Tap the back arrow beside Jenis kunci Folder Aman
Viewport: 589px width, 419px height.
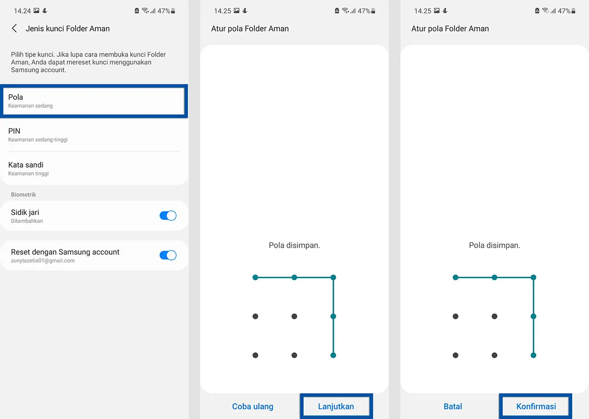(x=14, y=28)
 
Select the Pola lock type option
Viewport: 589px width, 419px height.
(x=93, y=101)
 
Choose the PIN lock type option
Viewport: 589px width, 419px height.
(x=93, y=134)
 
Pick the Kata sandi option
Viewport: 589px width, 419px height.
(x=93, y=168)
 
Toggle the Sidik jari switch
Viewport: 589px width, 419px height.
(x=168, y=215)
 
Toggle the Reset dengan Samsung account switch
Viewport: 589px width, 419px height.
(x=168, y=255)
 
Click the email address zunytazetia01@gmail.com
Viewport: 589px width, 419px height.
(x=43, y=261)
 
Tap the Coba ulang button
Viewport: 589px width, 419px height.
(x=253, y=406)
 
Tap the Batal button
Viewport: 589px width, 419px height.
(x=453, y=406)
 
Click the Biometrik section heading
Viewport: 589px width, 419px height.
(x=24, y=194)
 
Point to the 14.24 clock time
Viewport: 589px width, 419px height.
(x=22, y=10)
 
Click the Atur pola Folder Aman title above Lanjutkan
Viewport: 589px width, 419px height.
(x=250, y=28)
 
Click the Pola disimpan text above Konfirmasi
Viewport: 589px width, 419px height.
(x=494, y=245)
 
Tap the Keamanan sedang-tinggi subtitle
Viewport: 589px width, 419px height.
(x=38, y=140)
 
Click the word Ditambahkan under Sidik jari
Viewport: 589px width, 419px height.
(x=27, y=221)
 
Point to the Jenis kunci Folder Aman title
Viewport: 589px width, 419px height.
(x=68, y=28)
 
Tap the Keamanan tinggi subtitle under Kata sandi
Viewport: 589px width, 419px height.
(x=28, y=173)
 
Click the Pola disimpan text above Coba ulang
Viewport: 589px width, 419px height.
(x=294, y=245)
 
